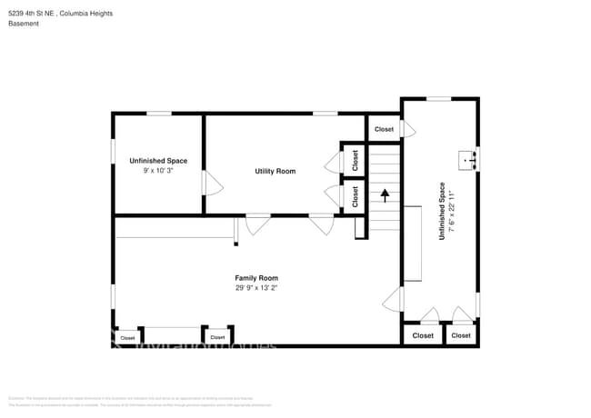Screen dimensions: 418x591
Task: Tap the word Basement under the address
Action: click(24, 24)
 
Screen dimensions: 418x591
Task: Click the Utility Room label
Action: click(275, 171)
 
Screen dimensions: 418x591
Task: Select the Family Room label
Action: click(256, 278)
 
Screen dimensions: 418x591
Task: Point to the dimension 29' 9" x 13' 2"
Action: click(256, 288)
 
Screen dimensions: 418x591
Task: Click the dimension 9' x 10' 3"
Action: click(158, 171)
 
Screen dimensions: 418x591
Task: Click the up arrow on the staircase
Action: click(385, 194)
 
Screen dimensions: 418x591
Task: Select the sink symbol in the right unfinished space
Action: click(471, 161)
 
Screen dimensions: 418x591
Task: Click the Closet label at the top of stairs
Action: click(384, 129)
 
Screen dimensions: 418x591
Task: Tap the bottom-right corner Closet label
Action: click(461, 335)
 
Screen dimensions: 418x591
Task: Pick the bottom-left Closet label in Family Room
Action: click(127, 337)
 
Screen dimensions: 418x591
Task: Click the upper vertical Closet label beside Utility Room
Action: click(355, 160)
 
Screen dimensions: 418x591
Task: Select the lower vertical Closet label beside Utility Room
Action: click(355, 197)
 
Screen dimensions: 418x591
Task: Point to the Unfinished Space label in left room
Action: click(158, 161)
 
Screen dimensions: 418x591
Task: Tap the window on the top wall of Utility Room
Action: click(326, 114)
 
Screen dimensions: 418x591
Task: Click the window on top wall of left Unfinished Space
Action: click(159, 114)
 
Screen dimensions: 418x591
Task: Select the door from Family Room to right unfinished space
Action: click(394, 298)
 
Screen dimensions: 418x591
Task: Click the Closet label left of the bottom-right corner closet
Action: click(423, 335)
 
